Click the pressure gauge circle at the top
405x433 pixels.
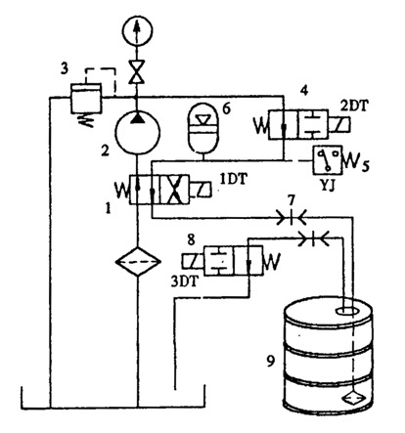pos(137,30)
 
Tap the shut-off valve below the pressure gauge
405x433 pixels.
pos(137,72)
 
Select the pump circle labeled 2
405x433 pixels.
pos(137,132)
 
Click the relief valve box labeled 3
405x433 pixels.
pos(86,99)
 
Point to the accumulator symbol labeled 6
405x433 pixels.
pos(202,128)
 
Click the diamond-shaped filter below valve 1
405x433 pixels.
pos(138,262)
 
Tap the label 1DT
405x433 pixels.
pos(234,179)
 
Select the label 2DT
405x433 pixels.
pos(354,106)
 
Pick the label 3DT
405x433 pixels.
pos(184,281)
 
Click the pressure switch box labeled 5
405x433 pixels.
pos(328,160)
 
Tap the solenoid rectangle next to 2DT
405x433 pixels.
pos(339,125)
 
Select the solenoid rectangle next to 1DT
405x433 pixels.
pos(201,190)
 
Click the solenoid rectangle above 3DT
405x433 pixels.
pos(193,261)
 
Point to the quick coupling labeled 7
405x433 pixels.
pos(292,217)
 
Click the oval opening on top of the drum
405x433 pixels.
pos(347,311)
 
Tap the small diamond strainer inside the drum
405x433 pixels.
pos(353,399)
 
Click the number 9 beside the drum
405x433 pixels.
pos(271,361)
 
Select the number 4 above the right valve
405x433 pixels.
pos(304,90)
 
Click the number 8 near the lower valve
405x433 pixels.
pos(191,239)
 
